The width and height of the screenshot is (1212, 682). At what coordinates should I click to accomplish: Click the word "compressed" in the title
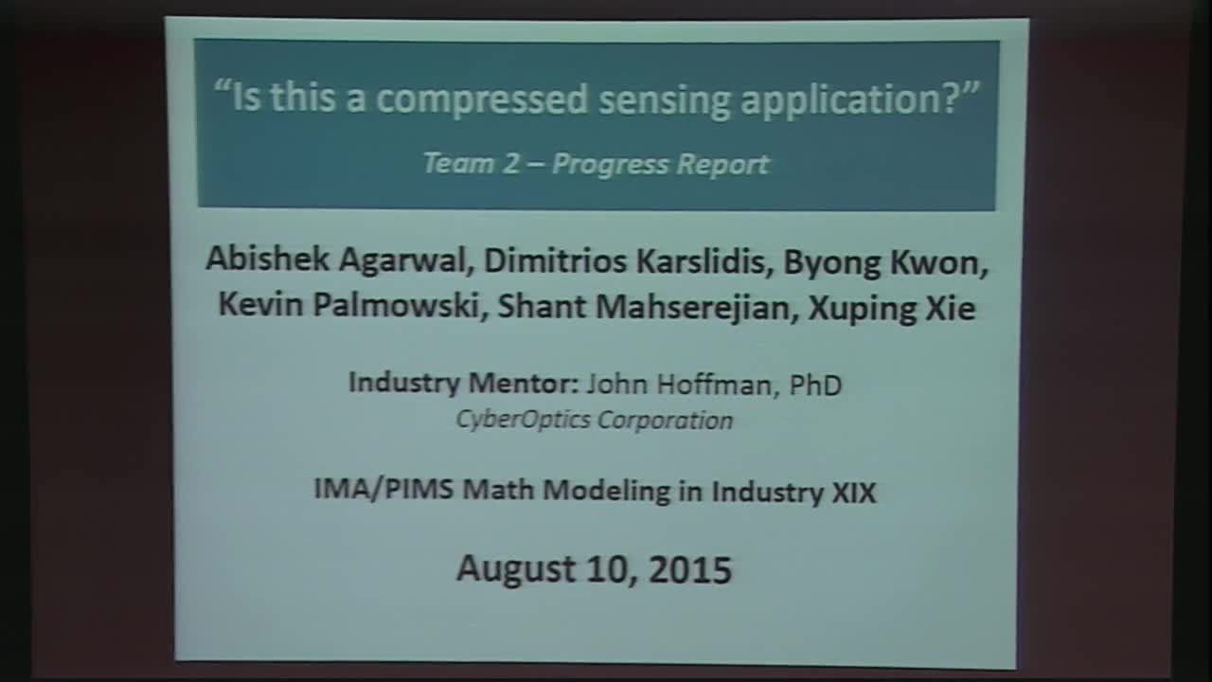(482, 100)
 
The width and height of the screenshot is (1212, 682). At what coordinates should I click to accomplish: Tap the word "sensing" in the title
(665, 101)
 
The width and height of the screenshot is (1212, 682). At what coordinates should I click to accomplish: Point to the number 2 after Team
(510, 164)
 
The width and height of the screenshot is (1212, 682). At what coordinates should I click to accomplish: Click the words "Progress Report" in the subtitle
(661, 165)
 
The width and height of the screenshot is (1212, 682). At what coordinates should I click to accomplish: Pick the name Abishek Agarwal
(336, 259)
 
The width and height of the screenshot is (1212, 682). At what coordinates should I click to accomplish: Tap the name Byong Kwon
(882, 263)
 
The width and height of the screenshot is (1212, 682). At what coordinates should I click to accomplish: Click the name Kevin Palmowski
(349, 305)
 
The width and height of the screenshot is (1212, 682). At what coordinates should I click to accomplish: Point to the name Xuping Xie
(891, 309)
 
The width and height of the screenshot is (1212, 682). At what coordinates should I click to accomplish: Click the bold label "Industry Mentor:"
(464, 384)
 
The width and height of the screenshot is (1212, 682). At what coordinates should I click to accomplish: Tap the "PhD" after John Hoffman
(816, 386)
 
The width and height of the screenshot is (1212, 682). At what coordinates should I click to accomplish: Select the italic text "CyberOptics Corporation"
(594, 420)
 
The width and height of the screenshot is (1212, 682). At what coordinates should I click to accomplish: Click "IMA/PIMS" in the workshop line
(383, 489)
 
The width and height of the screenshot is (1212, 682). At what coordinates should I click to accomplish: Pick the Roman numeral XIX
(853, 493)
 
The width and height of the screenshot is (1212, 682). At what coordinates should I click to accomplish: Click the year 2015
(690, 570)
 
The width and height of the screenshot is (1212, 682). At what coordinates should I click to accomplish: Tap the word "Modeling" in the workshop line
(605, 492)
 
